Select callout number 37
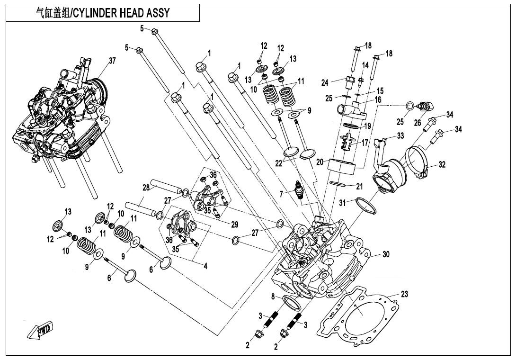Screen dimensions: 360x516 [x=112, y=61]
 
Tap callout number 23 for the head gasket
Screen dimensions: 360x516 [x=404, y=294]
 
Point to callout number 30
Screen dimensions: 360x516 [x=386, y=254]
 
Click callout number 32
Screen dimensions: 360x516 [x=442, y=165]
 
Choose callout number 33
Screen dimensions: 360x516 [x=400, y=136]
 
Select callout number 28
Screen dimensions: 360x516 [x=146, y=188]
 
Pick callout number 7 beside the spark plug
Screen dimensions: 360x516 [x=281, y=193]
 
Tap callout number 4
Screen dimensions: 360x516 [x=205, y=266]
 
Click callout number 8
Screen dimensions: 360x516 [x=273, y=297]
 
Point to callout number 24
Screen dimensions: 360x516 [x=325, y=83]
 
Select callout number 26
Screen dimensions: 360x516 [x=417, y=123]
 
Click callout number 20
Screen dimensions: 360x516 [x=320, y=162]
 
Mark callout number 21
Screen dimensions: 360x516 [x=359, y=187]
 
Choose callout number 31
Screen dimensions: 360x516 [x=342, y=203]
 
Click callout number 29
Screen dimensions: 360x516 [x=235, y=224]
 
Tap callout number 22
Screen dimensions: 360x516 [x=279, y=163]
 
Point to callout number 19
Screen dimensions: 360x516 [x=367, y=126]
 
